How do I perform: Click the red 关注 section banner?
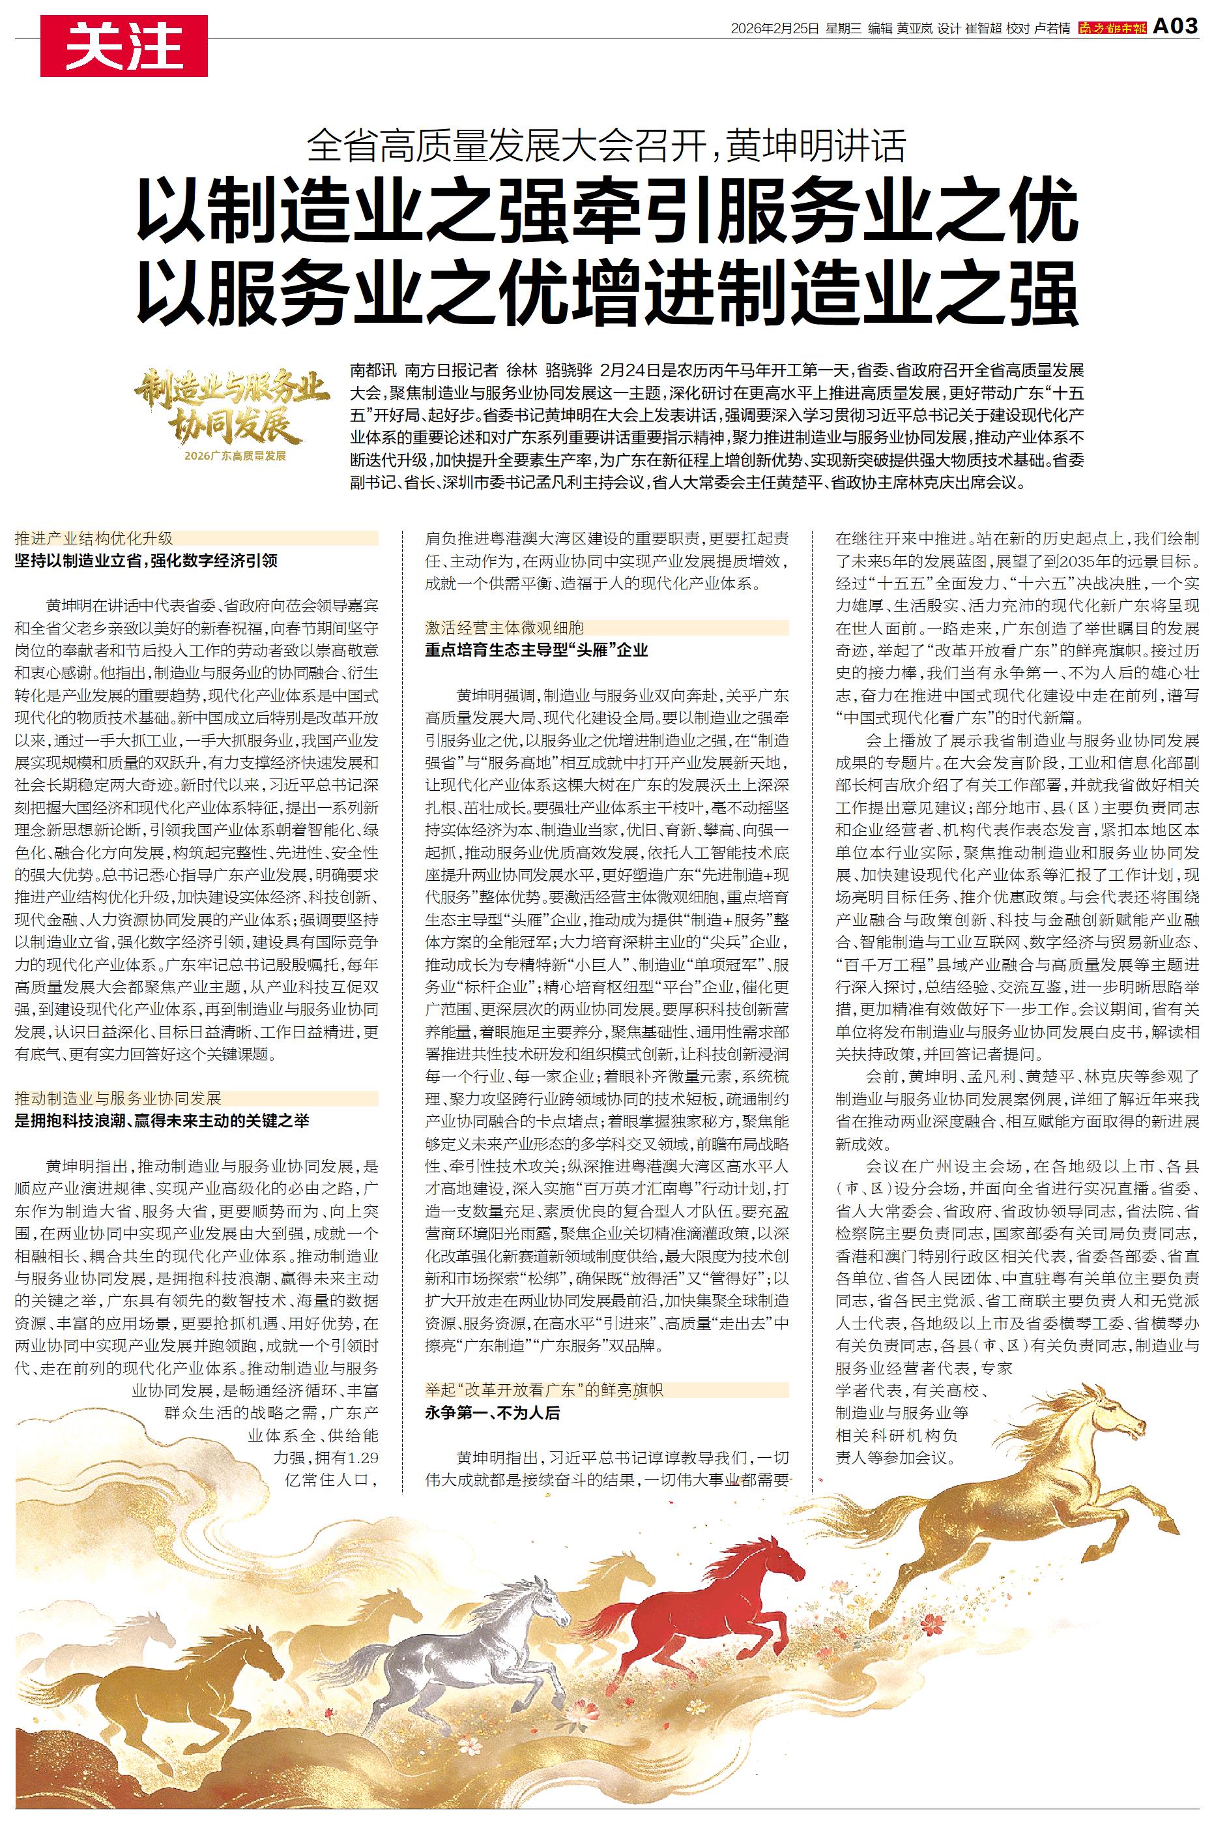(x=124, y=46)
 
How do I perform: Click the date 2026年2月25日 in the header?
(x=774, y=29)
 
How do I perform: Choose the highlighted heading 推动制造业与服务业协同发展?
(x=119, y=1097)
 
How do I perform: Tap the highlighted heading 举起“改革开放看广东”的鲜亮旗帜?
(x=544, y=1391)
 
